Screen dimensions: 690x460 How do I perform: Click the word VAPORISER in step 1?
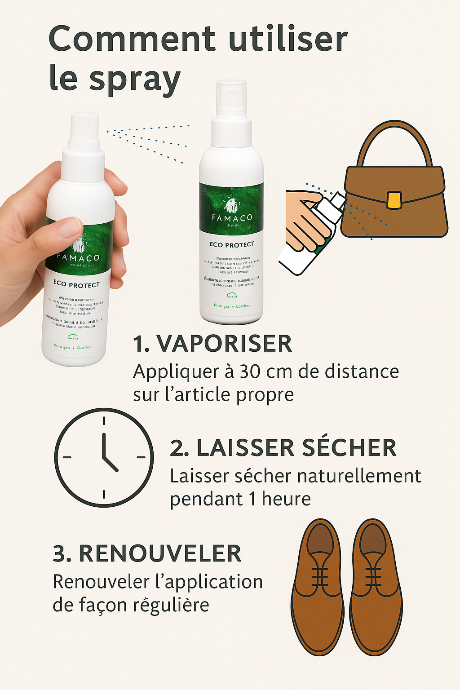pyautogui.click(x=224, y=344)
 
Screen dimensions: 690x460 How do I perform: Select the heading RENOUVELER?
pyautogui.click(x=160, y=553)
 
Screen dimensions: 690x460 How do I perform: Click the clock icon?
pyautogui.click(x=104, y=458)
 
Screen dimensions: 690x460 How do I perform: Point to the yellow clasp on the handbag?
pyautogui.click(x=394, y=200)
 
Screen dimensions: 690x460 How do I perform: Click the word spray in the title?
pyautogui.click(x=135, y=80)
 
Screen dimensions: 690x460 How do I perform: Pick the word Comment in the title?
pyautogui.click(x=132, y=39)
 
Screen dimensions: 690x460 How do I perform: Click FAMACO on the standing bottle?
pyautogui.click(x=232, y=218)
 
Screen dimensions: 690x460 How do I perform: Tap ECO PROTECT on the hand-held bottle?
pyautogui.click(x=76, y=284)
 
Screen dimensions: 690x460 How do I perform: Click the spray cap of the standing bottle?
pyautogui.click(x=231, y=99)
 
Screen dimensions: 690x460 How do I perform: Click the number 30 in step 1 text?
pyautogui.click(x=251, y=372)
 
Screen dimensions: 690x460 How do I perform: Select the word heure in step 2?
pyautogui.click(x=286, y=499)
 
